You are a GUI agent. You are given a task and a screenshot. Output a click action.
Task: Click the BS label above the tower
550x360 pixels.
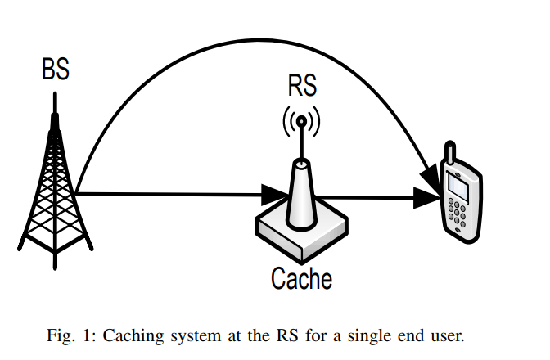[x=56, y=70]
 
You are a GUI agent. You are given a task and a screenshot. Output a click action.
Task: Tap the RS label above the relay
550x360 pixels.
[x=302, y=86]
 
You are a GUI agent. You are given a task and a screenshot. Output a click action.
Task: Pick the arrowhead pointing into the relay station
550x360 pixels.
[x=273, y=195]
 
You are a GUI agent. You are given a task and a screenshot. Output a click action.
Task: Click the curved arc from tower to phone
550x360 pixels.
[x=246, y=58]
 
